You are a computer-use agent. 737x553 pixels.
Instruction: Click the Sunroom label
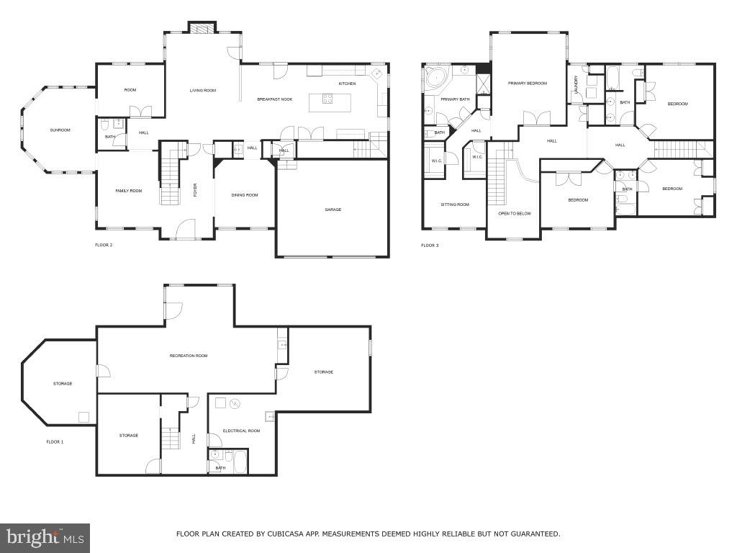60,130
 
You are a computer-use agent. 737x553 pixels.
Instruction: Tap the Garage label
333,210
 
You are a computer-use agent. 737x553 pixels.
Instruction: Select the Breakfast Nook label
274,99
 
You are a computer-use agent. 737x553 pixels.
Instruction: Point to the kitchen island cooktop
327,100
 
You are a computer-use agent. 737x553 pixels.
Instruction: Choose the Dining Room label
244,195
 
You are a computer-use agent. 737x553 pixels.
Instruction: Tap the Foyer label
194,190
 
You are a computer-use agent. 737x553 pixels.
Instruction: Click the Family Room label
129,191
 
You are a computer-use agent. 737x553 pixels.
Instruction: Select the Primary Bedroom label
527,84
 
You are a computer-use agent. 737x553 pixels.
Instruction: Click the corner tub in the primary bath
435,78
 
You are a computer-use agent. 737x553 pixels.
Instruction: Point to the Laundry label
577,84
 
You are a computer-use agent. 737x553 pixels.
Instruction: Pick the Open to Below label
514,214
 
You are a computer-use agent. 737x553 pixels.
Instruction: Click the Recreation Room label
189,356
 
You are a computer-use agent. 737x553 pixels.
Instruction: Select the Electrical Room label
241,431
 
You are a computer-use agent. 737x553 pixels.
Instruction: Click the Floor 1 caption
55,441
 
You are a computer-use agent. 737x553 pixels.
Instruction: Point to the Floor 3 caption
430,246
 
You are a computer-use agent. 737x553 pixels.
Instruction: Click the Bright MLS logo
45,537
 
